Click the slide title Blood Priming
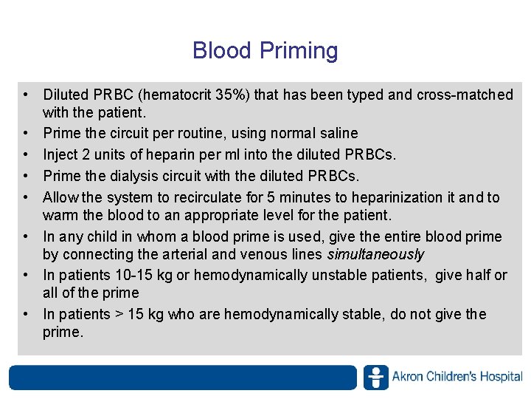pyautogui.click(x=265, y=51)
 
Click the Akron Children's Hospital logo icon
pyautogui.click(x=375, y=377)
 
